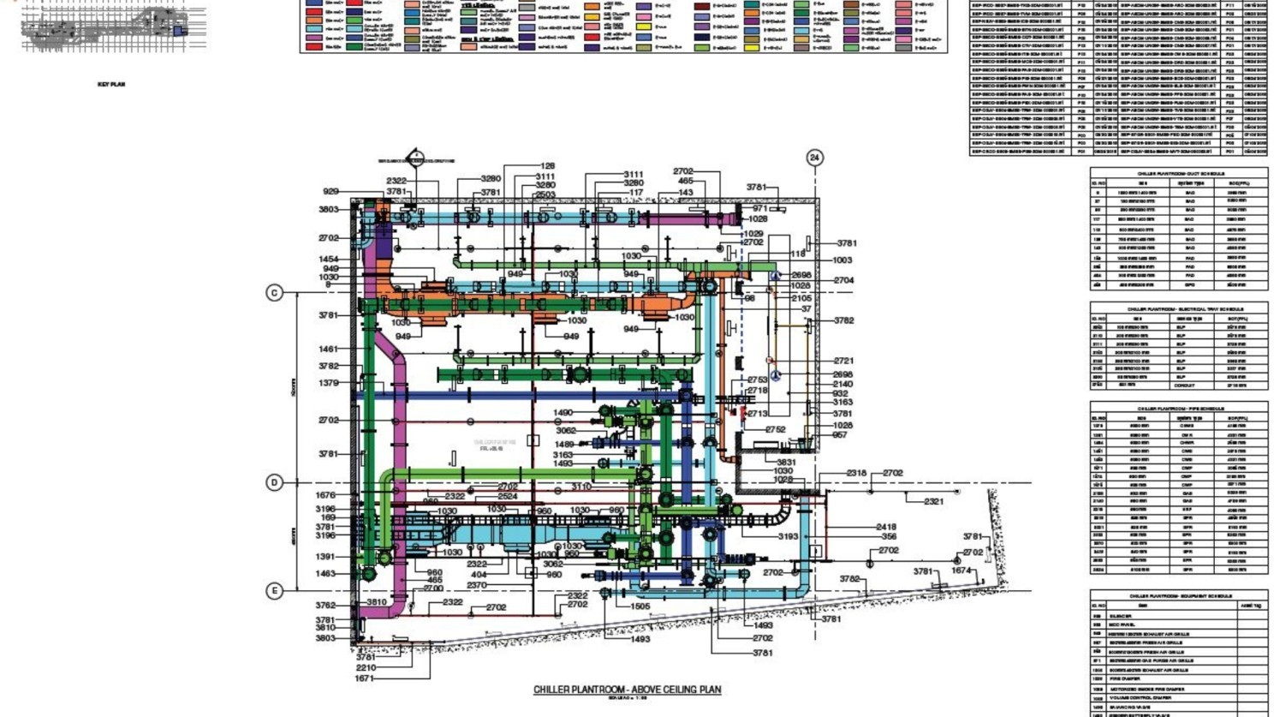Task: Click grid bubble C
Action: [x=274, y=293]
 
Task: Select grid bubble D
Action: [x=274, y=483]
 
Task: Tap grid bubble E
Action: [x=274, y=591]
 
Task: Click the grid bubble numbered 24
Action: [x=814, y=158]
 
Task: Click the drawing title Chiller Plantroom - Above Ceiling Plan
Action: [x=627, y=690]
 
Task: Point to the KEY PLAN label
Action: [x=111, y=85]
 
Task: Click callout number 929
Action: [x=330, y=192]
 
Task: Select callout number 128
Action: [x=547, y=166]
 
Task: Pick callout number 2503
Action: [x=545, y=195]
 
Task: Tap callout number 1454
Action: [x=329, y=259]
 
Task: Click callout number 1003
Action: [x=842, y=260]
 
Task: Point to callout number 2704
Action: [x=843, y=280]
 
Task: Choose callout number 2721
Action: [x=843, y=361]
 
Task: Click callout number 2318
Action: [x=856, y=473]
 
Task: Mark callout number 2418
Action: [x=886, y=527]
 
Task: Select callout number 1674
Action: [x=961, y=571]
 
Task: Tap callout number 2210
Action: [x=366, y=668]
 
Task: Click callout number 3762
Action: [x=325, y=606]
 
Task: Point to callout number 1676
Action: [x=325, y=495]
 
